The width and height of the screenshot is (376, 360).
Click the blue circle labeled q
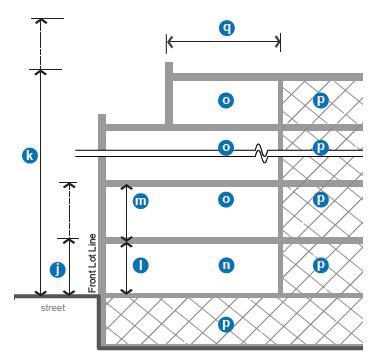[x=227, y=28]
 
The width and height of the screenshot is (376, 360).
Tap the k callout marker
[x=30, y=156]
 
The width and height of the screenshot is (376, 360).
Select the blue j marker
[x=58, y=270]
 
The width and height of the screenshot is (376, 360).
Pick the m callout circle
[x=140, y=201]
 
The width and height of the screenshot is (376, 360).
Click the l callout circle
[x=140, y=266]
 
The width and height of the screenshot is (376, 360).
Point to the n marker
[x=226, y=265]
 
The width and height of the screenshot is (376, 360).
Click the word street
[x=53, y=308]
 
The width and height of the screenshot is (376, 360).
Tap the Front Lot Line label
[x=92, y=263]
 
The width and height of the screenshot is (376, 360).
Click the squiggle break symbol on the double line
[x=262, y=153]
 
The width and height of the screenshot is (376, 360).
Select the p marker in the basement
[x=226, y=324]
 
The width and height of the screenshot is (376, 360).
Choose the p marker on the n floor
[x=321, y=265]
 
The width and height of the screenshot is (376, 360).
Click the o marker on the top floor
[x=226, y=100]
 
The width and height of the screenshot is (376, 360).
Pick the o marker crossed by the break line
[x=226, y=147]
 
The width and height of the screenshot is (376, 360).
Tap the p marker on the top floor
[x=321, y=100]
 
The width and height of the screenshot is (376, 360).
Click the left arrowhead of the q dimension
[x=169, y=42]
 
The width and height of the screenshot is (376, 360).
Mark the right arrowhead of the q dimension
[x=278, y=42]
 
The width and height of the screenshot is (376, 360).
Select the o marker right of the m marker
[x=226, y=200]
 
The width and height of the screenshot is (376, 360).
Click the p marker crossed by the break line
[x=321, y=147]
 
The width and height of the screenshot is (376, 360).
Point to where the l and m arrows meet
[x=126, y=241]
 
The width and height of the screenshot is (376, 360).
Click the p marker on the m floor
[x=321, y=200]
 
